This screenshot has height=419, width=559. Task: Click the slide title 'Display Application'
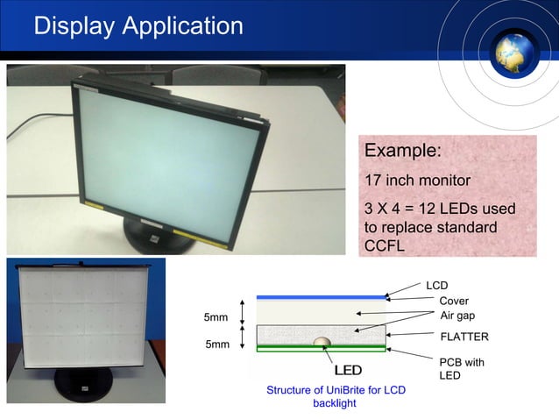click(138, 26)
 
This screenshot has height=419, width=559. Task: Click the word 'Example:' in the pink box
click(402, 151)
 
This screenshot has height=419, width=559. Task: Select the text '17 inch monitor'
click(417, 181)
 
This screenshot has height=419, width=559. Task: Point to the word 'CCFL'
click(384, 245)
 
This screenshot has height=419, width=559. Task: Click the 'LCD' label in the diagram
click(436, 286)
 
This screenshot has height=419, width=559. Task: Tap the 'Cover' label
click(454, 301)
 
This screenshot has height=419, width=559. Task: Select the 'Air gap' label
click(456, 316)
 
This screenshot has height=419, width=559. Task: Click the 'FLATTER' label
click(463, 337)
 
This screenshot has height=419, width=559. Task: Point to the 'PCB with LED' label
click(461, 368)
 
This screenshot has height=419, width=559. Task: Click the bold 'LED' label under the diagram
click(348, 370)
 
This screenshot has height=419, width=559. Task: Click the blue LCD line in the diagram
click(321, 297)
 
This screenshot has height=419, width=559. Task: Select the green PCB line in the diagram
click(321, 349)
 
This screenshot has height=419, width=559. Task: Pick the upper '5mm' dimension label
click(216, 316)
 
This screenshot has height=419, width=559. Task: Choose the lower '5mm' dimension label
click(216, 344)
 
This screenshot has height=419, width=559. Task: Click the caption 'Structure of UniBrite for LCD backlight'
click(336, 396)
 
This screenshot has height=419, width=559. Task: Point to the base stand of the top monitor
click(158, 237)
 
